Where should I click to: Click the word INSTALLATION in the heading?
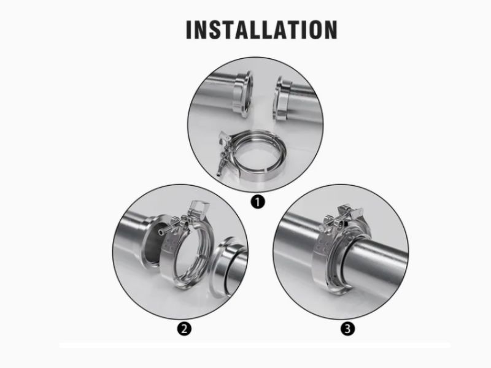pyautogui.click(x=261, y=29)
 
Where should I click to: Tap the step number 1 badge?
pyautogui.click(x=257, y=202)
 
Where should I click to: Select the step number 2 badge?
pyautogui.click(x=184, y=329)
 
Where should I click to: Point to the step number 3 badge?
pyautogui.click(x=347, y=329)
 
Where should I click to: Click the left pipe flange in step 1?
pyautogui.click(x=244, y=94)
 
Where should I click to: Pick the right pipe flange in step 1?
pyautogui.click(x=282, y=98)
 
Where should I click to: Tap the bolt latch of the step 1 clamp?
pyautogui.click(x=223, y=153)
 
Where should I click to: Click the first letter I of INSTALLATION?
pyautogui.click(x=188, y=29)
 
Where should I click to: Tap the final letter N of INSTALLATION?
pyautogui.click(x=331, y=29)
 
